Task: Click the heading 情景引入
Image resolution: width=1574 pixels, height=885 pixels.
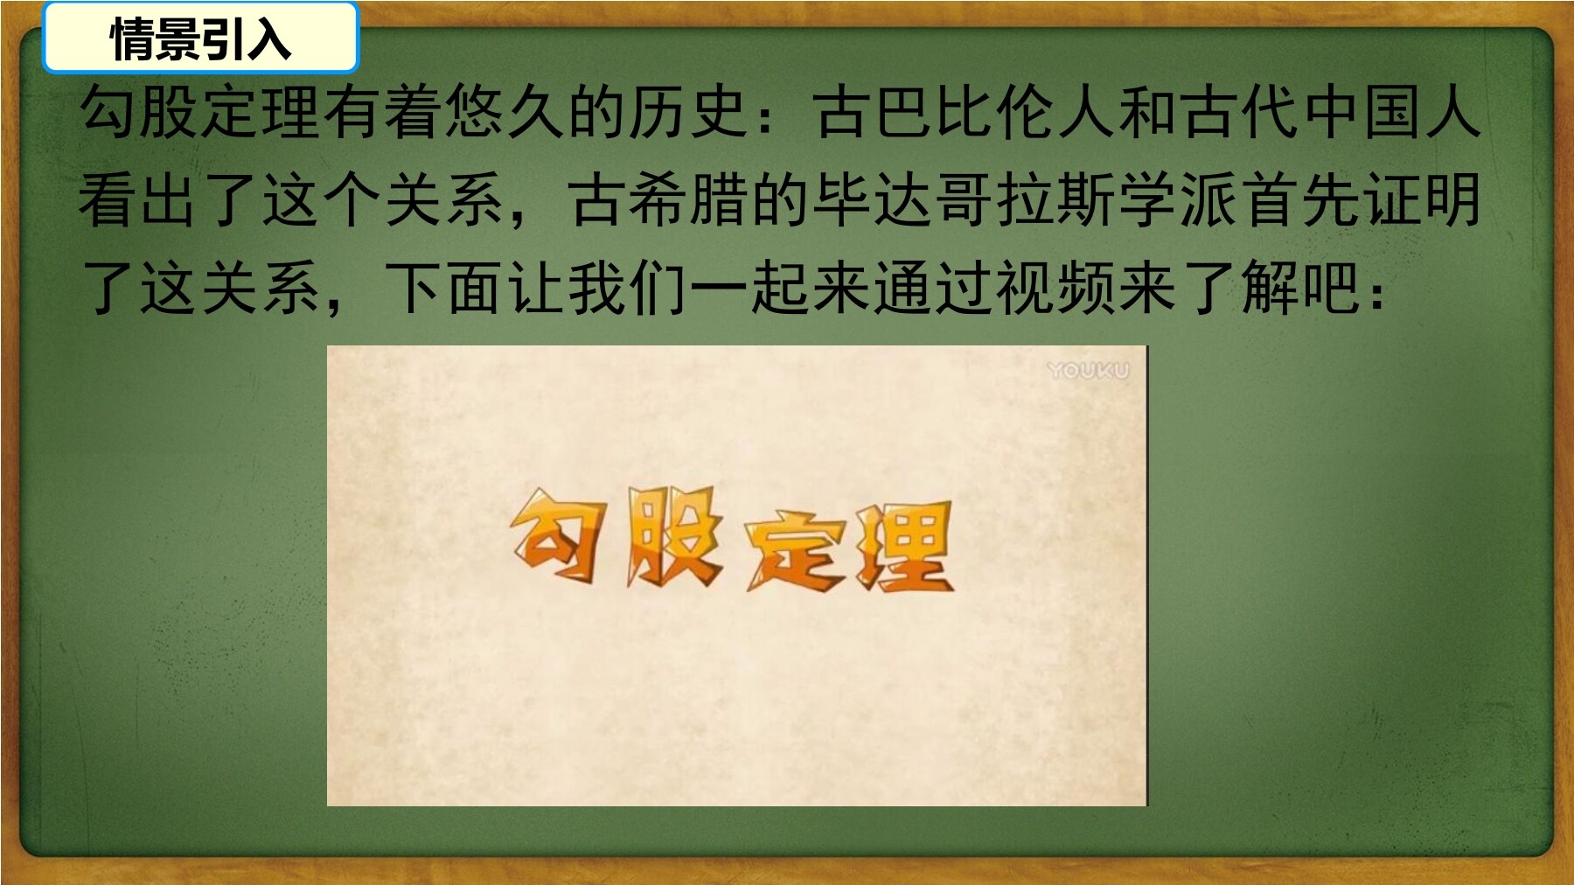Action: click(200, 38)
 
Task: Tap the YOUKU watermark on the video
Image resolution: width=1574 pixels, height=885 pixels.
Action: click(1089, 371)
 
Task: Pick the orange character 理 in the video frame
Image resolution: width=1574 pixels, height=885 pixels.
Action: click(901, 547)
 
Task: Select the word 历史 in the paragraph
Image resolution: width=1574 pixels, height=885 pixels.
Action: click(687, 113)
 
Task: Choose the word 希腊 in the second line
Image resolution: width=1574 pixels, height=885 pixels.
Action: click(687, 200)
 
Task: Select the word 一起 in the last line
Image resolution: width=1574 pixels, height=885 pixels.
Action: click(749, 288)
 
